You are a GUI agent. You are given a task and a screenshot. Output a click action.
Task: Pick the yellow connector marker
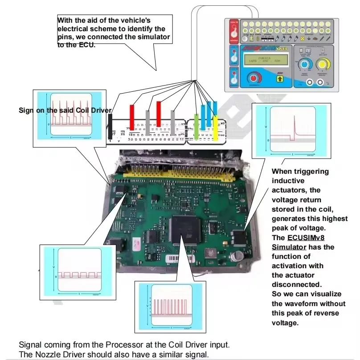point(216,127)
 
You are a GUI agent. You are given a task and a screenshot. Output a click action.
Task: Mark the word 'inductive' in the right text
point(288,181)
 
